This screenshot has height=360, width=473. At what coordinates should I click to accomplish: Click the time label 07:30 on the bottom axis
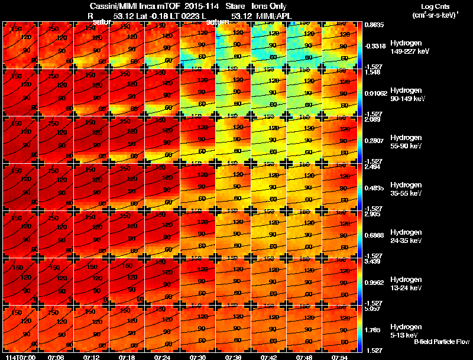pos(197,357)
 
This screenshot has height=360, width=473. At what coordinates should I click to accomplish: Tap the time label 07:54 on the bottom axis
pos(339,357)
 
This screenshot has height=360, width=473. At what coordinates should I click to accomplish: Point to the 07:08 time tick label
pos(56,357)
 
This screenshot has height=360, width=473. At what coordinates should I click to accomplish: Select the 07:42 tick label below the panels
pos(268,357)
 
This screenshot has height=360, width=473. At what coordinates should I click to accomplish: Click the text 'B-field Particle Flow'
pos(442,342)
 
